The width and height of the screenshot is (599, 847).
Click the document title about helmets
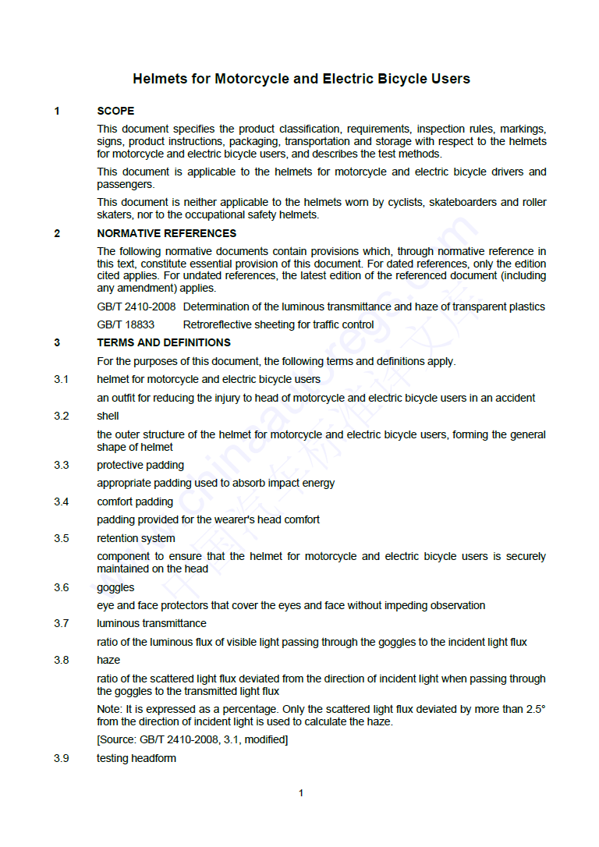tap(301, 79)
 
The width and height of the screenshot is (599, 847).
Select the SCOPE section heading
tap(115, 111)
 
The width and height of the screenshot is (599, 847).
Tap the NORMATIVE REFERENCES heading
tap(166, 233)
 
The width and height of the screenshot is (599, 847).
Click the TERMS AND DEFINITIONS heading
tap(164, 342)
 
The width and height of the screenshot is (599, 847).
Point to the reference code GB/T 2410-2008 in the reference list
tap(136, 307)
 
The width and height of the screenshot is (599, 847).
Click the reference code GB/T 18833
tap(126, 324)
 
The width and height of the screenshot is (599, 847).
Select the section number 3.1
tap(62, 379)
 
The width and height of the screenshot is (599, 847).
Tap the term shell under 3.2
tap(108, 416)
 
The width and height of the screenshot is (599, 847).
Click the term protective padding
tap(140, 465)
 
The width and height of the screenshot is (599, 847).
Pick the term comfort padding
tap(135, 501)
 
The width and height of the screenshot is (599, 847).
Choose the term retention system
tap(136, 538)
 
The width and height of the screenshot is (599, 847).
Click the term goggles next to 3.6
tap(115, 587)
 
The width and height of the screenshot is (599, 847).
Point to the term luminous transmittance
tap(151, 623)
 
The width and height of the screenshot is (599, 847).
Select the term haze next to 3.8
tap(108, 660)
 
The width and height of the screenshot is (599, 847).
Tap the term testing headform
tap(136, 758)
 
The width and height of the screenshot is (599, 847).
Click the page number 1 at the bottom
tap(301, 793)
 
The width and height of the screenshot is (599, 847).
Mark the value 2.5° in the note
tap(533, 710)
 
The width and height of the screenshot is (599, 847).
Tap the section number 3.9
tap(62, 758)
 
